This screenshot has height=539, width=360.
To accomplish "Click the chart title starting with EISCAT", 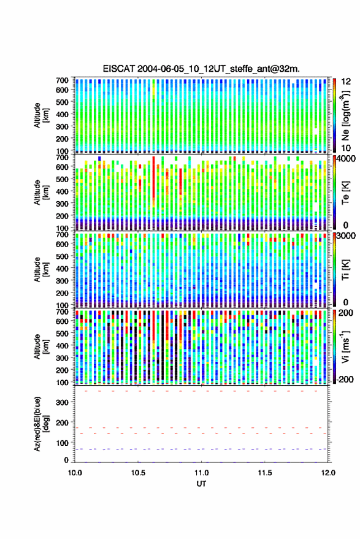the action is (201, 69).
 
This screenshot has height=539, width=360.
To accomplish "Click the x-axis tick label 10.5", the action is (138, 473).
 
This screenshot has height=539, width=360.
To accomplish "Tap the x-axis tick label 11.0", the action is (201, 473).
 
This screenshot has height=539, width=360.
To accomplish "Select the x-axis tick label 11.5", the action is (264, 473).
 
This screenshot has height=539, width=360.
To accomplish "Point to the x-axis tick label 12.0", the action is (328, 473).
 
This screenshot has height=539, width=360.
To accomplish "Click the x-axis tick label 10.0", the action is (75, 473).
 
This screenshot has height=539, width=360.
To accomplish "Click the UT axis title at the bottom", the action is (201, 484).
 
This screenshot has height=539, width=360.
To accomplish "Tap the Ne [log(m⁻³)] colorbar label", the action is (345, 115).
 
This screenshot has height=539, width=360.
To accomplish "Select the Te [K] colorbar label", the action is (345, 193).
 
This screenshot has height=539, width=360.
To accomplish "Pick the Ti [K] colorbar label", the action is (345, 270).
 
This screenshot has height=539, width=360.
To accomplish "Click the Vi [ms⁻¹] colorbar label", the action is (345, 346).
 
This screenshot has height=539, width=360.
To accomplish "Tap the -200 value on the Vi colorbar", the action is (345, 379).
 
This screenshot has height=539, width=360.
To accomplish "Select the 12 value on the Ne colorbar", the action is (346, 81).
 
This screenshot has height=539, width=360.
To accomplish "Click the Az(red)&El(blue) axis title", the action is (41, 424).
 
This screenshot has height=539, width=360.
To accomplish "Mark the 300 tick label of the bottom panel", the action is (62, 402).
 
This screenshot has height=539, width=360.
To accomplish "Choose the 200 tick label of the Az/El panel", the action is (62, 423).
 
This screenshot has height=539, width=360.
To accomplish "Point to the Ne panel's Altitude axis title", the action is (41, 115).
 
